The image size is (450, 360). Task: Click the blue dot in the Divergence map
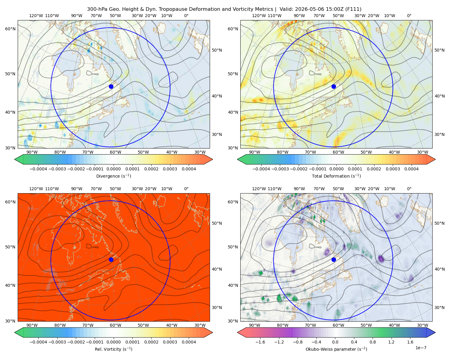pyautogui.click(x=111, y=86)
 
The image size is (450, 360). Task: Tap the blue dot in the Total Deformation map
pyautogui.click(x=334, y=86)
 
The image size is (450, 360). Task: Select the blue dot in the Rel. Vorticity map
pyautogui.click(x=111, y=259)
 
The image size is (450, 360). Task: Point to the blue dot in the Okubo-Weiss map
pyautogui.click(x=334, y=259)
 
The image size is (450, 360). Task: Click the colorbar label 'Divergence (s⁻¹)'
pyautogui.click(x=113, y=176)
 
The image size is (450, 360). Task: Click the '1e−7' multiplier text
pyautogui.click(x=421, y=348)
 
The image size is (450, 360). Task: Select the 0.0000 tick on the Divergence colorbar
pyautogui.click(x=113, y=169)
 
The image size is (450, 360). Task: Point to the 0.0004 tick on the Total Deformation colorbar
pyautogui.click(x=411, y=169)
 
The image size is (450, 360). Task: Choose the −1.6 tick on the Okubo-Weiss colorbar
pyautogui.click(x=260, y=342)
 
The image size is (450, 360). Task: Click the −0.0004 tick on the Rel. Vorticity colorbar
pyautogui.click(x=38, y=342)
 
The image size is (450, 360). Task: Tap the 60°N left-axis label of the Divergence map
pyautogui.click(x=10, y=29)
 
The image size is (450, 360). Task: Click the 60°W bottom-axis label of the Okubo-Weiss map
pyautogui.click(x=338, y=325)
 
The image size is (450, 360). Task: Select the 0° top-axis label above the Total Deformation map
pyautogui.click(x=409, y=16)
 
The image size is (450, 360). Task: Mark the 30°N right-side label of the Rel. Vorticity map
pyautogui.click(x=217, y=307)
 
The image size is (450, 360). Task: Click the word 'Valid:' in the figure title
pyautogui.click(x=286, y=9)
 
